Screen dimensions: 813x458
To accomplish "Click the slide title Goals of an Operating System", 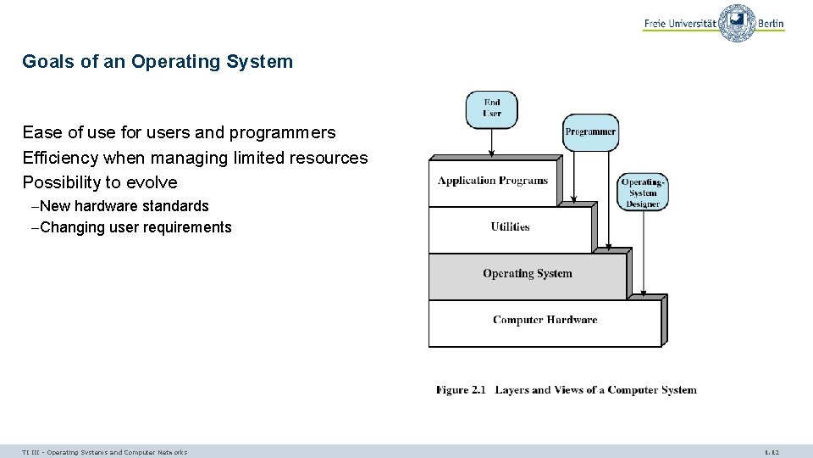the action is (158, 62).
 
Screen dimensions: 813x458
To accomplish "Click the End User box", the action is (491, 109).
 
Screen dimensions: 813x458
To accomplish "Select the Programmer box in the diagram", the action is (590, 132).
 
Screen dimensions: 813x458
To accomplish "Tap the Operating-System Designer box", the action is (643, 193).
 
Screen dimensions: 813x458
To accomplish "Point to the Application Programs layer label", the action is (492, 181).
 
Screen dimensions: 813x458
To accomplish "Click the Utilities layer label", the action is (510, 226).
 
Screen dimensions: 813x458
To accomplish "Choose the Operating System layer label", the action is (527, 273).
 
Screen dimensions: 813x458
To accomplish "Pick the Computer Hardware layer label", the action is (545, 320).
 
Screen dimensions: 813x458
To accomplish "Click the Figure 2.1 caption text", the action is (566, 390).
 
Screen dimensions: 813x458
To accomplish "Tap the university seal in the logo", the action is (737, 23).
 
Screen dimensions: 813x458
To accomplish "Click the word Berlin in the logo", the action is (771, 24).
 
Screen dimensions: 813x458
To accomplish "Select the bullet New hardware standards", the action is (124, 206).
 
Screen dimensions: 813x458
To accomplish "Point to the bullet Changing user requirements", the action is (135, 227).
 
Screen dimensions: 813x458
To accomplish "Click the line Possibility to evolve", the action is (100, 182).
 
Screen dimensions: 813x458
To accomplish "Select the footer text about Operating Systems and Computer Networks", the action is (105, 452).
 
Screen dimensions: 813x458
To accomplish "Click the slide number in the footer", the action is (771, 452).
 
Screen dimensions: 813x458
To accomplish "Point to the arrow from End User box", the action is (492, 142).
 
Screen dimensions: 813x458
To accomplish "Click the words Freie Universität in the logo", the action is (679, 24).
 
